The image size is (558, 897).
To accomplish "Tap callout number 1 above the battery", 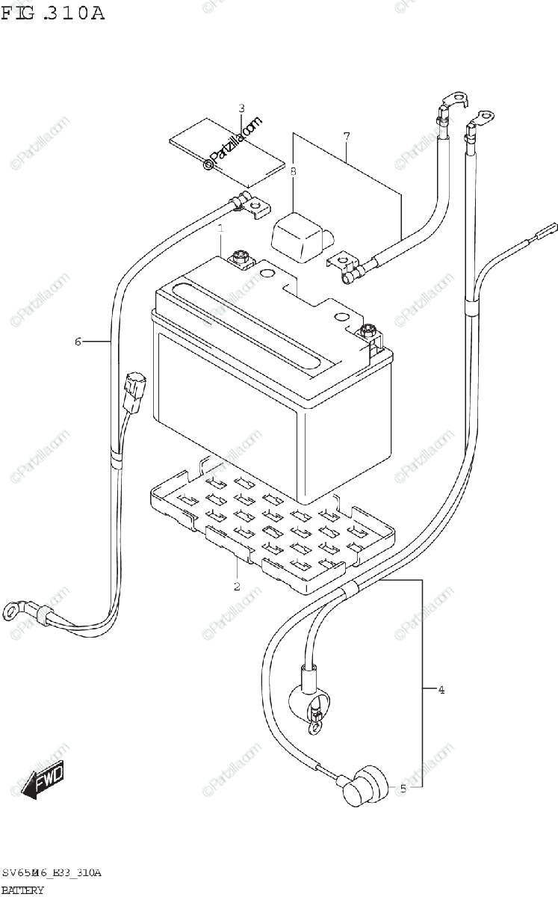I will pos(222,229).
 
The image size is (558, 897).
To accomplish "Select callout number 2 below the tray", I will pos(237,586).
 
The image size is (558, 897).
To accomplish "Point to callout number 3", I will pos(241,108).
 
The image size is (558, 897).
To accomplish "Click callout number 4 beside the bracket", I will pos(441,690).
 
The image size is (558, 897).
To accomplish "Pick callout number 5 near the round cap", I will pos(403,788).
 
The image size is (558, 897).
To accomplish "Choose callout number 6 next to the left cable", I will pos(78,342).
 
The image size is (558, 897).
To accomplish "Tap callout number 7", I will pos(347,136).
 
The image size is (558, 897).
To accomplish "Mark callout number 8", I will pos(294,172).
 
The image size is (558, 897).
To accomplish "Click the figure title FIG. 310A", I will pos(52,13).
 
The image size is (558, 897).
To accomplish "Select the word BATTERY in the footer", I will pos(22,890).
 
